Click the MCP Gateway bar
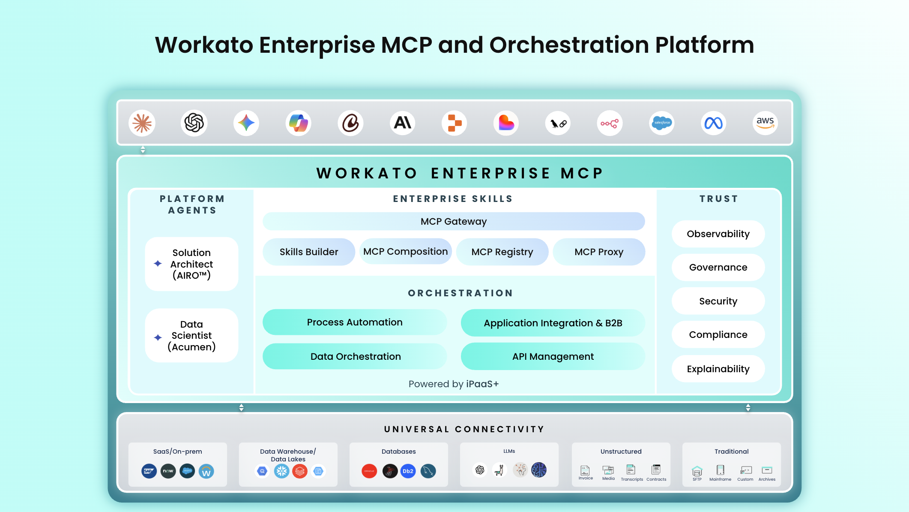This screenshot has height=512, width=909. coord(454,221)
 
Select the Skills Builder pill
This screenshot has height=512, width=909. coord(309,252)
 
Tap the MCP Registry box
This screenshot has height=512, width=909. coord(502,252)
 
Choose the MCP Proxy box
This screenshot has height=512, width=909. coord(599,252)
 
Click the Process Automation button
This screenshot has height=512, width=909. coord(355,322)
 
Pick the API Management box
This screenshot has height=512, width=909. coord(553,356)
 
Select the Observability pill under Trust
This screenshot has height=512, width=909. coord(718,234)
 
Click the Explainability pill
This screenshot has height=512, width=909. coord(718,369)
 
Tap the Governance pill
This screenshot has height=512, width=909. coord(718,267)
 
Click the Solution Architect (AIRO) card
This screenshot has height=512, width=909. coord(191,264)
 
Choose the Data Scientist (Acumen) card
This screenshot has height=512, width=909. coord(191,335)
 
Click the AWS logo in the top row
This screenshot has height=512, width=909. coord(765,123)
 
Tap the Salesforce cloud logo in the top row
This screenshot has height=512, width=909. coord(662,123)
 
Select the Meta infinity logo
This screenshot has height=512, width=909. coord(714,123)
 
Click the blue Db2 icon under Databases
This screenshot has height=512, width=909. coord(408,471)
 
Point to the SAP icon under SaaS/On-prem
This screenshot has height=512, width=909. coord(149,471)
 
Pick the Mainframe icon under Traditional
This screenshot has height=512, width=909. coord(721,470)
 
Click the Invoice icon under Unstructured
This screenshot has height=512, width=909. coord(585,470)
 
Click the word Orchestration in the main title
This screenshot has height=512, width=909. coord(569,45)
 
